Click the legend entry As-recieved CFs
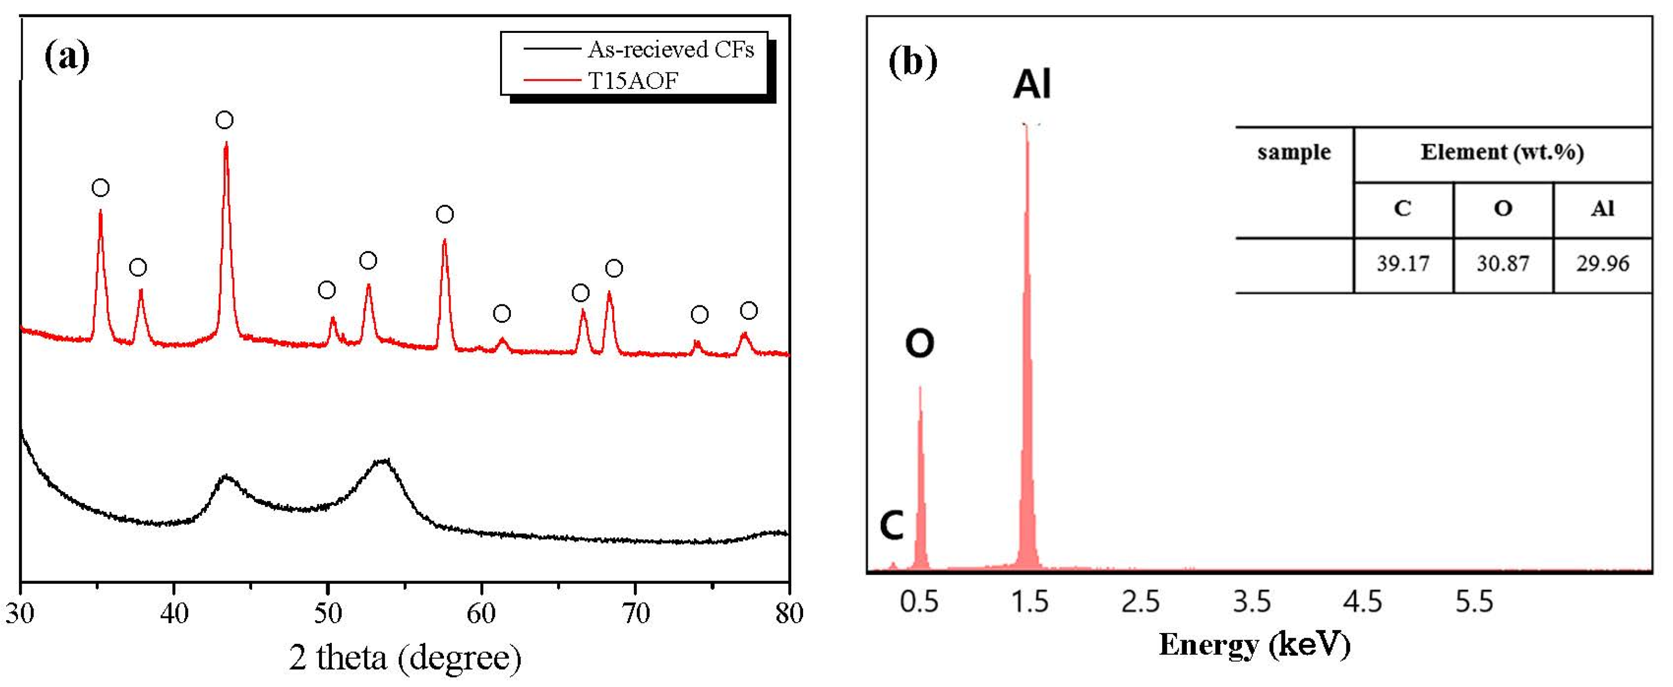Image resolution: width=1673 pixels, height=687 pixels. [670, 49]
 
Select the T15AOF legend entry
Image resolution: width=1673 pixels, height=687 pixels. [633, 81]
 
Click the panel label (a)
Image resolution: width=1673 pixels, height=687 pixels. [66, 57]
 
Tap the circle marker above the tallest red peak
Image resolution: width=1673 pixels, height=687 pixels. [224, 120]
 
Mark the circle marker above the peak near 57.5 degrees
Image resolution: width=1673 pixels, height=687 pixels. [444, 214]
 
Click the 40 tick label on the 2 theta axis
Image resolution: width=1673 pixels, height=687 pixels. [173, 613]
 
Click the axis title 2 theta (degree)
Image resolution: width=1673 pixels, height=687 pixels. [404, 658]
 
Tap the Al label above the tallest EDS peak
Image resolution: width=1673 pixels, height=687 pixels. [1031, 84]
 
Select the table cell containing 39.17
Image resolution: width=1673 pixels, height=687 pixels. [1403, 264]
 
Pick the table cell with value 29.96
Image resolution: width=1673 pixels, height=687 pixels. [1602, 264]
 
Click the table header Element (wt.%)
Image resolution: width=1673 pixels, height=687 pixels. [1502, 152]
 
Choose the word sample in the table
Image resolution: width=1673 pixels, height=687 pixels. [1294, 152]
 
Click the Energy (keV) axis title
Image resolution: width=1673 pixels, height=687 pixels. [1254, 645]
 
